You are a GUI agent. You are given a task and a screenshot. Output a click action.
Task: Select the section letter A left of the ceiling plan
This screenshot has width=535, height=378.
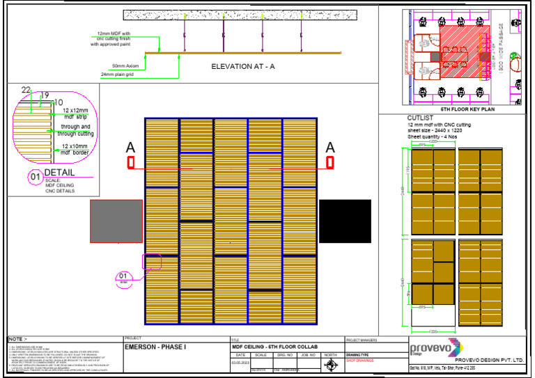(x=130, y=148)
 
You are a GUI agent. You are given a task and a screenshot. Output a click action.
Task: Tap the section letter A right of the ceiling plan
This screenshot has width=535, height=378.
(x=330, y=148)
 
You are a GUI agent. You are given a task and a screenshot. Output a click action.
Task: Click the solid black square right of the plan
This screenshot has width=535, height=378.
(x=345, y=221)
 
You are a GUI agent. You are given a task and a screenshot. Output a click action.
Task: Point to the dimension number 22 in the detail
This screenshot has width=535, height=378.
(x=26, y=90)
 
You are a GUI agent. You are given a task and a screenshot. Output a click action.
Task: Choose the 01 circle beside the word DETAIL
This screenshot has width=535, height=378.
(x=33, y=178)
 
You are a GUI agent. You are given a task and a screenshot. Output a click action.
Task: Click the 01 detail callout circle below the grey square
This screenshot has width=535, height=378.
(x=123, y=278)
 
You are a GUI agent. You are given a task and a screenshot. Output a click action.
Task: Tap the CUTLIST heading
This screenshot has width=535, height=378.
(x=421, y=118)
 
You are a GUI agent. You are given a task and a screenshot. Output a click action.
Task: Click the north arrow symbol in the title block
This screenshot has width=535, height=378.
(x=331, y=363)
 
